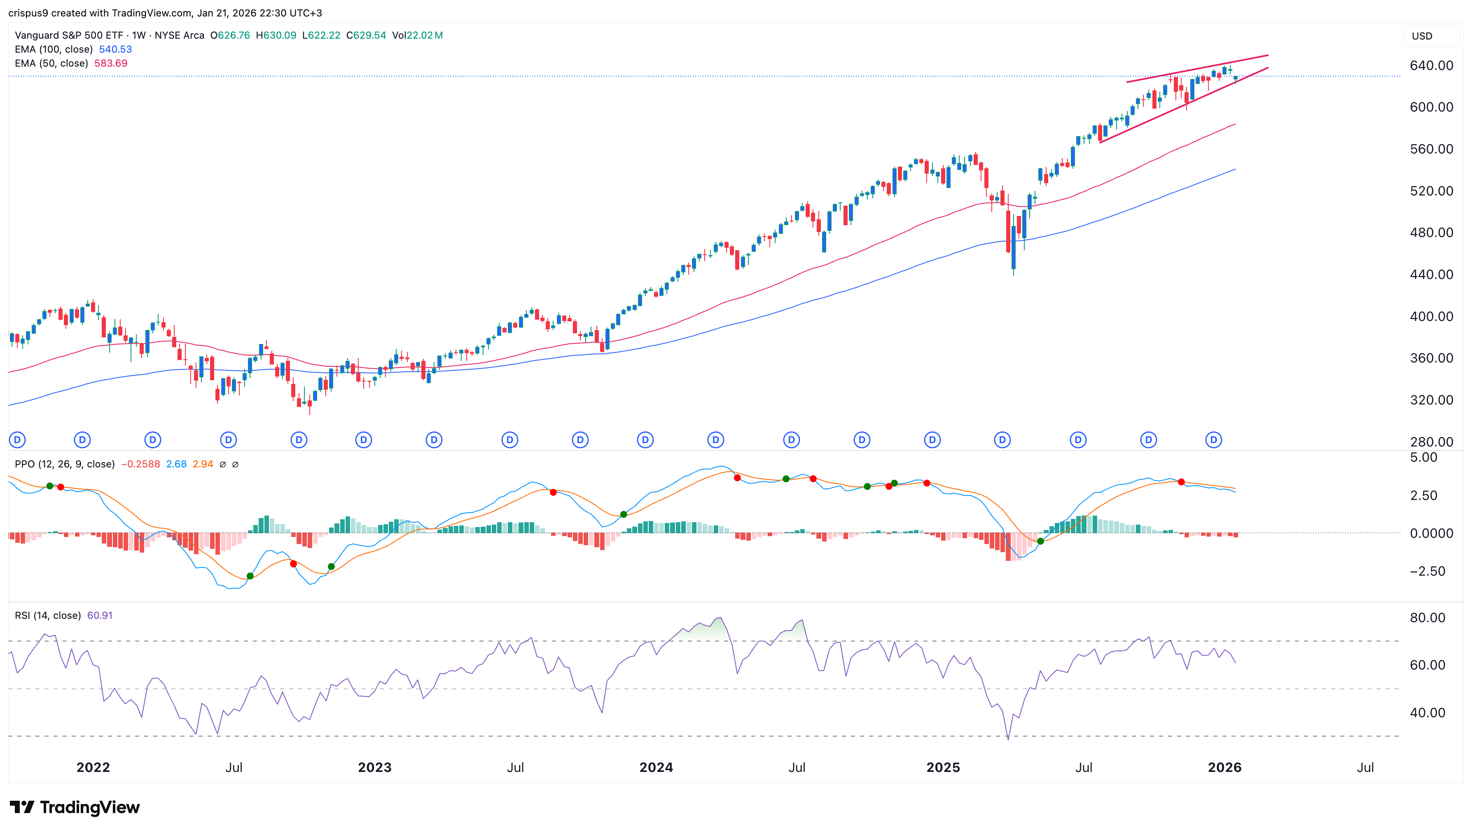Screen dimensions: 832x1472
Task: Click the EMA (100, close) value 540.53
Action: point(115,49)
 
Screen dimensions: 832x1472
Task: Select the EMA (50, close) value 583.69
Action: point(110,63)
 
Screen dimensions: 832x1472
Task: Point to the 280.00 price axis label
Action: point(1431,442)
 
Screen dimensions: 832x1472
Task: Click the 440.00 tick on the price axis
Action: point(1431,274)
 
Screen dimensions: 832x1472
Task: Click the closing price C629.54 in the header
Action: point(366,35)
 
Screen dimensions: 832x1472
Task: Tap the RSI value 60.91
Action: point(100,616)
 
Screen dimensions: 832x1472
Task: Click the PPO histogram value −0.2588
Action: point(140,464)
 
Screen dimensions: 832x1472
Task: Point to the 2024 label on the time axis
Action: point(655,767)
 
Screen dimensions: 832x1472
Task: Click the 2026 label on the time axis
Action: point(1224,767)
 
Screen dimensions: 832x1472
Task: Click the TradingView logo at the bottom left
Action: point(75,807)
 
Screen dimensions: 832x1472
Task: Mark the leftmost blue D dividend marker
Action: point(18,440)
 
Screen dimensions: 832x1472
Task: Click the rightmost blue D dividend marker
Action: point(1213,440)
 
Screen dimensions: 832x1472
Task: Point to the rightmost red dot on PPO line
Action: point(1181,482)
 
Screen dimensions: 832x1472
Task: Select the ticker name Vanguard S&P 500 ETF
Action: point(69,35)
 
